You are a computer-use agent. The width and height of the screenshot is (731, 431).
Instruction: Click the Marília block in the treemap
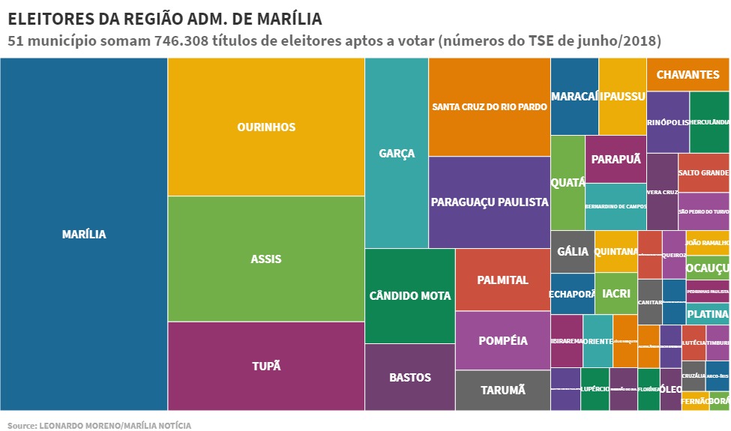click(x=84, y=234)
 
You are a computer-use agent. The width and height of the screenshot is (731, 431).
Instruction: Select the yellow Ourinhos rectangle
click(x=266, y=127)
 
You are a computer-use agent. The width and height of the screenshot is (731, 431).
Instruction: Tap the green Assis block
click(x=266, y=259)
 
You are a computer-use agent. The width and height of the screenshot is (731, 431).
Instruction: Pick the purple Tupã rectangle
click(x=266, y=365)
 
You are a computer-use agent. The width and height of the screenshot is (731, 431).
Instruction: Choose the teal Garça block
click(x=397, y=153)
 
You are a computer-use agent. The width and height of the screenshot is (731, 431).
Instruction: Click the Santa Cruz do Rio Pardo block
click(x=490, y=106)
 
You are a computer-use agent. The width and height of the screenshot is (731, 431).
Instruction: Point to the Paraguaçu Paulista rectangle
click(x=490, y=202)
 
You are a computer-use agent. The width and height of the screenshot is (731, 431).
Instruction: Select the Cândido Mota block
click(x=410, y=295)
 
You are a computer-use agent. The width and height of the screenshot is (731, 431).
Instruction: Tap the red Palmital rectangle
click(x=502, y=280)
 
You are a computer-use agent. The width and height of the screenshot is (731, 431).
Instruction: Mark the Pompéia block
click(x=502, y=340)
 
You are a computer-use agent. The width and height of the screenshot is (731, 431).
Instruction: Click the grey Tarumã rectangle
click(x=502, y=390)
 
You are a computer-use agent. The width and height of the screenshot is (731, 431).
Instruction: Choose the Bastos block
click(x=410, y=377)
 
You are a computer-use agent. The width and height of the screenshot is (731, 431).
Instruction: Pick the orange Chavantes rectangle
click(x=688, y=74)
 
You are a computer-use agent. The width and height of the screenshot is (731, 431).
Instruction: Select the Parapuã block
click(x=616, y=159)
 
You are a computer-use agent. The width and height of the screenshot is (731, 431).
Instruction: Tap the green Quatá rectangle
click(x=568, y=182)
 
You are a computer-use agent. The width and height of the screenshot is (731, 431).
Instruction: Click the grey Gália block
click(x=573, y=251)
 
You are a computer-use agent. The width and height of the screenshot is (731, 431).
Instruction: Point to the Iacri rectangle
click(x=616, y=293)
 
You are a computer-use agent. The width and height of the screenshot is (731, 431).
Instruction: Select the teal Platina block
click(x=707, y=313)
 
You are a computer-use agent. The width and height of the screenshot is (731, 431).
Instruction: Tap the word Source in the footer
click(x=22, y=425)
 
